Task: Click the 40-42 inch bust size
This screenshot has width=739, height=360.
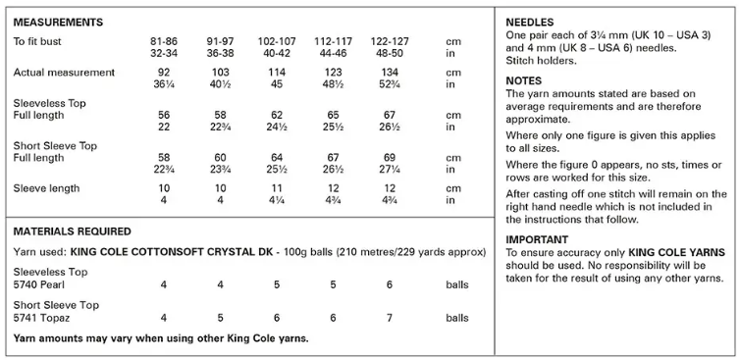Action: (x=282, y=53)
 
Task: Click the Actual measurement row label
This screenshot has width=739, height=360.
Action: (x=64, y=73)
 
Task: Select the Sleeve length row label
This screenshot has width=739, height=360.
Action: (x=47, y=188)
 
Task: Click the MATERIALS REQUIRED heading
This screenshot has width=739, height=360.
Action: (x=72, y=231)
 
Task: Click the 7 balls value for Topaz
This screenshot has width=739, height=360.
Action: (x=390, y=318)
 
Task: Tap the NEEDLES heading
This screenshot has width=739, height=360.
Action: (x=531, y=22)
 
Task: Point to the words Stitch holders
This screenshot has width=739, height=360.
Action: (x=539, y=60)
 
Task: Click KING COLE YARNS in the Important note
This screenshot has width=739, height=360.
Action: (x=670, y=252)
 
